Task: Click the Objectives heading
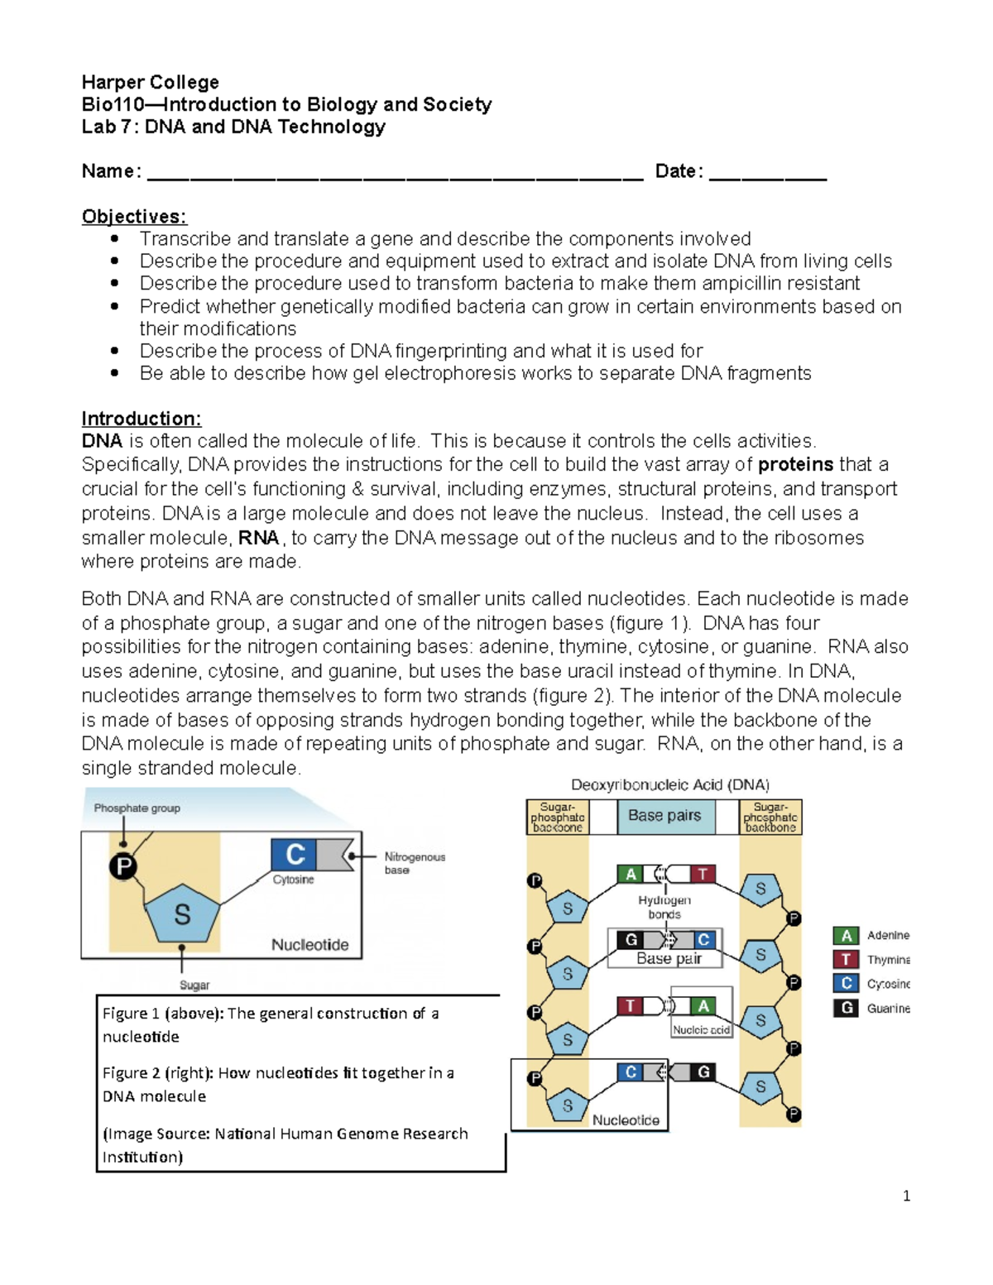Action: pyautogui.click(x=134, y=217)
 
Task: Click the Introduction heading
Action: pyautogui.click(x=142, y=419)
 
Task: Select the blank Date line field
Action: pyautogui.click(x=768, y=174)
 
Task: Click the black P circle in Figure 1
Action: pyautogui.click(x=123, y=866)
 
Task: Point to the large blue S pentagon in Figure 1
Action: pyautogui.click(x=182, y=913)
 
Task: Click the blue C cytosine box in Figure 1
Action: pyautogui.click(x=294, y=854)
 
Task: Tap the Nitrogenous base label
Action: pyautogui.click(x=415, y=863)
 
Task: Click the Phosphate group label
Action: pyautogui.click(x=137, y=808)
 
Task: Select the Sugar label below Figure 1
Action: pyautogui.click(x=194, y=985)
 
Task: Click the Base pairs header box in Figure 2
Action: pyautogui.click(x=664, y=816)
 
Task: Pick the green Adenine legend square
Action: pyautogui.click(x=846, y=936)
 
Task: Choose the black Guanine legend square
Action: pyautogui.click(x=846, y=1009)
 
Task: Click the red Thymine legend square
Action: pyautogui.click(x=846, y=960)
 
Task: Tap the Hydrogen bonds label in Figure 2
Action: pyautogui.click(x=664, y=907)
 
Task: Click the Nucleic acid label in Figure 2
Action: pyautogui.click(x=701, y=1030)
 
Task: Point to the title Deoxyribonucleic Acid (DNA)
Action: pyautogui.click(x=670, y=784)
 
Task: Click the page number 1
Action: pyautogui.click(x=906, y=1196)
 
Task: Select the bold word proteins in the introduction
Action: pyautogui.click(x=795, y=465)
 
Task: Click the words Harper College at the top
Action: pyautogui.click(x=151, y=82)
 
